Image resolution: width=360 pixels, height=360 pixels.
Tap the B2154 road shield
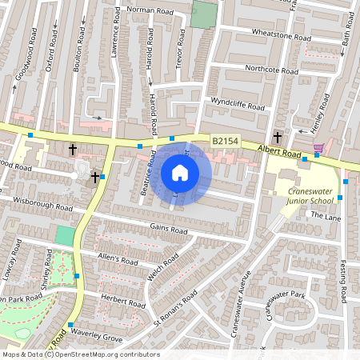pyautogui.click(x=225, y=141)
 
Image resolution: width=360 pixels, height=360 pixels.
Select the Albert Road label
pyautogui.click(x=278, y=150)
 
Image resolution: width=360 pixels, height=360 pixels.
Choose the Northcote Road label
pyautogui.click(x=270, y=70)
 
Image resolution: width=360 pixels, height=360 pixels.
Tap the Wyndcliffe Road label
pyautogui.click(x=237, y=104)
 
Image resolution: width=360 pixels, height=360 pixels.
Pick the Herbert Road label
pyautogui.click(x=124, y=302)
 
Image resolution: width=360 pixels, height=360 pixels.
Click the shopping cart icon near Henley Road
pyautogui.click(x=318, y=148)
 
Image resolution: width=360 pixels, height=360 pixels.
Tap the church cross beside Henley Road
pyautogui.click(x=277, y=137)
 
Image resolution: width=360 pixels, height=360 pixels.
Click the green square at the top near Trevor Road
pyautogui.click(x=205, y=14)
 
